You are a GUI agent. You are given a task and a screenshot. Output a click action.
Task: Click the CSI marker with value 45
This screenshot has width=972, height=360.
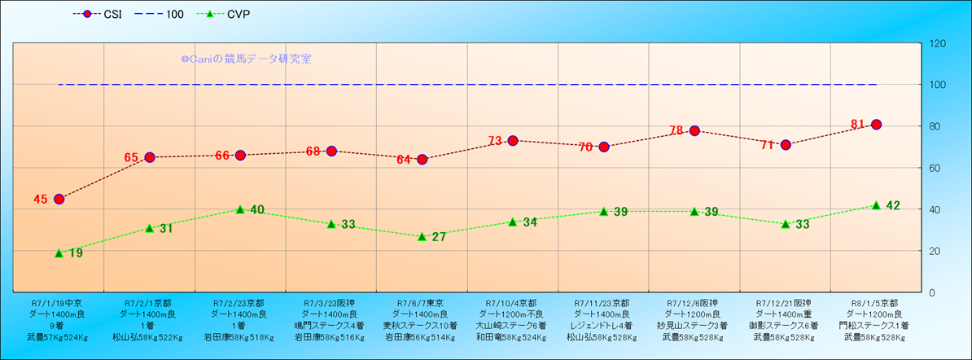click(59, 199)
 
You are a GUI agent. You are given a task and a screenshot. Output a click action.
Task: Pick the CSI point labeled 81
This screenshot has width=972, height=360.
click(877, 125)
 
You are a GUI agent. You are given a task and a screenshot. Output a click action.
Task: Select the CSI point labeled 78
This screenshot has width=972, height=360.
click(694, 130)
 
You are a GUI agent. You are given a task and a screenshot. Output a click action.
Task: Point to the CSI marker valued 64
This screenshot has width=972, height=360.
click(422, 160)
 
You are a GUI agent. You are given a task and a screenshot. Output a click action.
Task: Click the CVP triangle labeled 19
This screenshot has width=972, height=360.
click(59, 253)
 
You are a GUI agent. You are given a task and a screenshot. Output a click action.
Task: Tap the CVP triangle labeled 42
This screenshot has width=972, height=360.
click(877, 205)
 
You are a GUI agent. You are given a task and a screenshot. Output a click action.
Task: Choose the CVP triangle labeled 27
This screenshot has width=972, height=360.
click(422, 236)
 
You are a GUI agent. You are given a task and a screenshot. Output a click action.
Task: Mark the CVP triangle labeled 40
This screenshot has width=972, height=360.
click(240, 209)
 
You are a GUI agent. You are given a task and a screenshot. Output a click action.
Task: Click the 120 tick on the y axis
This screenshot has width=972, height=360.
click(938, 43)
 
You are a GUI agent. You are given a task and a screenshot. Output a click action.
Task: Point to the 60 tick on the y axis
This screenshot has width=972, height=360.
click(935, 168)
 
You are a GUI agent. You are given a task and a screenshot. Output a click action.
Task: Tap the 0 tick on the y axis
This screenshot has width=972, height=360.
click(932, 292)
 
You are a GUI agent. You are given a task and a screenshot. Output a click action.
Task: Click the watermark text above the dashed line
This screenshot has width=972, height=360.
click(246, 59)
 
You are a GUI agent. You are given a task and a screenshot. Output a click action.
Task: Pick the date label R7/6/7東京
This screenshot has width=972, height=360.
click(421, 303)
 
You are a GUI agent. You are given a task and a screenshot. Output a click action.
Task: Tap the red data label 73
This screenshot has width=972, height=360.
click(496, 142)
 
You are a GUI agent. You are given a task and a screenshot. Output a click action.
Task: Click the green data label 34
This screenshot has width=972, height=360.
click(529, 222)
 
